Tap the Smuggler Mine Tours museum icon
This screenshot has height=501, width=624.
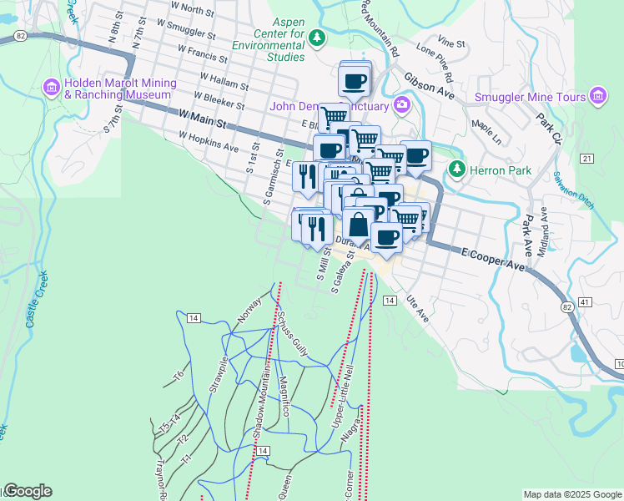click(x=596, y=97)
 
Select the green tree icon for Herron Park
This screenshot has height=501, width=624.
click(x=456, y=170)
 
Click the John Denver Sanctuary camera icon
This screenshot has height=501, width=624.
click(x=402, y=105)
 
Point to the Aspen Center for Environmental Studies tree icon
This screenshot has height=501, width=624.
click(x=316, y=38)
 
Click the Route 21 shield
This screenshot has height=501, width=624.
click(x=587, y=158)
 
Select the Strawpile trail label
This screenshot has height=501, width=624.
click(x=219, y=376)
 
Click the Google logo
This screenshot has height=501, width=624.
click(x=27, y=491)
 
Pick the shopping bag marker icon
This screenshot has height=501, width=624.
click(x=358, y=225)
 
